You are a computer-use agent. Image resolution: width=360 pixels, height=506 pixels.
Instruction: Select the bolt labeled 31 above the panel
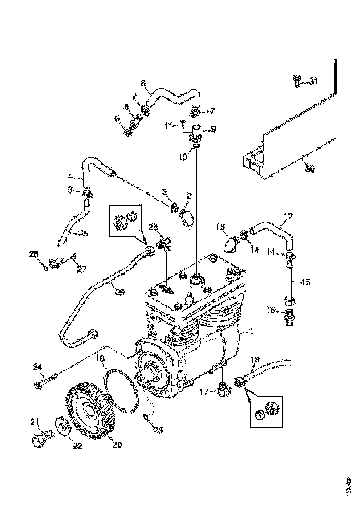(297, 82)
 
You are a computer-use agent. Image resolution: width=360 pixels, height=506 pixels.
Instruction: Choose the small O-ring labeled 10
(196, 146)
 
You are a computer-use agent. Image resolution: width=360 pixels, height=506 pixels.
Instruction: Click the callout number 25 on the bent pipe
(83, 234)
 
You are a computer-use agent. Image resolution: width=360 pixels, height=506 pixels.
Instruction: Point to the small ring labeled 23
(146, 416)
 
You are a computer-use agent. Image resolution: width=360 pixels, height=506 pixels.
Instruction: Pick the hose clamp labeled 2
(187, 217)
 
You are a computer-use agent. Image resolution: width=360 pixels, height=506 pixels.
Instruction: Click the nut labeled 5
(129, 133)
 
